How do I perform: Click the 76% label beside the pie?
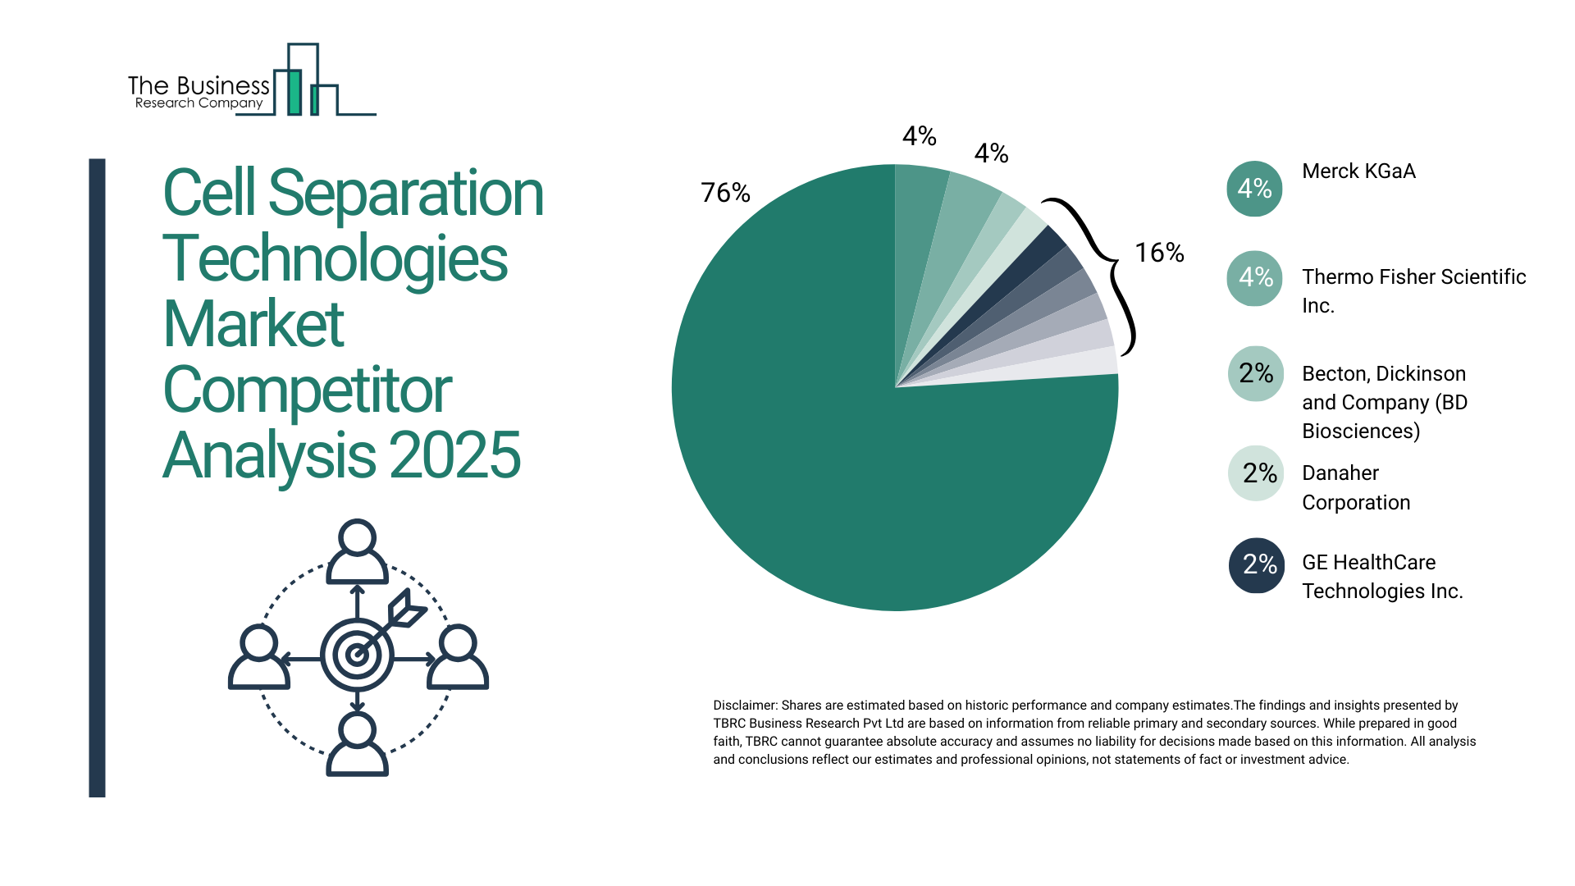[x=725, y=193]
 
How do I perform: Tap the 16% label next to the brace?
[x=1158, y=253]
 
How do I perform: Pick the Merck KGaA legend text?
[x=1358, y=171]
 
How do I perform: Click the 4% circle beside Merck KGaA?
[x=1254, y=189]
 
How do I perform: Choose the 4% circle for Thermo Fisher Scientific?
[x=1254, y=278]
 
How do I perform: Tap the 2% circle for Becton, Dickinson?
[x=1255, y=374]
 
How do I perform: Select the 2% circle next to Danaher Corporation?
[x=1256, y=473]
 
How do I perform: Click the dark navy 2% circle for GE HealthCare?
[x=1256, y=565]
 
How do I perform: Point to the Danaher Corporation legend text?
[x=1355, y=487]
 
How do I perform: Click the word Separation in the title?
[x=405, y=194]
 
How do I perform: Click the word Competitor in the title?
[x=307, y=390]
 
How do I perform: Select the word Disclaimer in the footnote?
[x=744, y=706]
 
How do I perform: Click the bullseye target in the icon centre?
[x=357, y=655]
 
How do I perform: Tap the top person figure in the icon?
[x=357, y=551]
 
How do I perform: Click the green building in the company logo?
[x=294, y=92]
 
